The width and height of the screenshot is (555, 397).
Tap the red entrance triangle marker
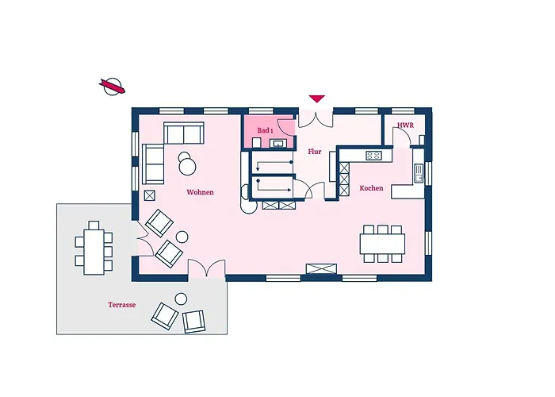click(317, 98)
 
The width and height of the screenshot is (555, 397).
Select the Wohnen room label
click(200, 192)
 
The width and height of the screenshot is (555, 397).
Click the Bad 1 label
click(265, 129)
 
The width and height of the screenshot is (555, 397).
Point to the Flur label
click(315, 151)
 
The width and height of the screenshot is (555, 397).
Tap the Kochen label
click(371, 188)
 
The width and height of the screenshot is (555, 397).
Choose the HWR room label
click(404, 125)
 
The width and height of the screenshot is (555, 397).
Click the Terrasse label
click(122, 304)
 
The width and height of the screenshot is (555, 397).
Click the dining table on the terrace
click(95, 249)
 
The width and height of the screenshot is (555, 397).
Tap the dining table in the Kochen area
click(383, 243)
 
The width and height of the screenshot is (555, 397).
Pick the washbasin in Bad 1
click(278, 144)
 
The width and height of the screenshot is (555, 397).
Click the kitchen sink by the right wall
click(417, 169)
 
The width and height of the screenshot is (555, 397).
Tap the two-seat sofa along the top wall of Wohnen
click(184, 133)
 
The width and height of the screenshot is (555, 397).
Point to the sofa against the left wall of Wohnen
click(152, 163)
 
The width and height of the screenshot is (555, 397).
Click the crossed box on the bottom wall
click(321, 269)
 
